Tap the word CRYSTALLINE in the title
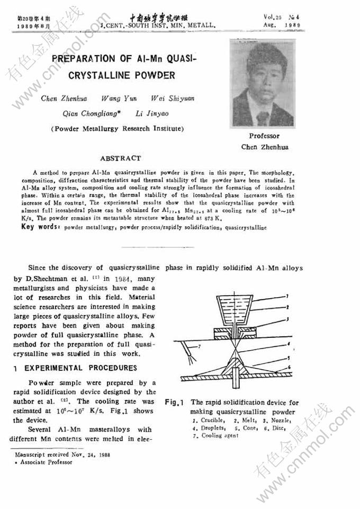click(x=100, y=75)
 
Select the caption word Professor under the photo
click(x=264, y=136)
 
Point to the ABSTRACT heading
click(x=121, y=158)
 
